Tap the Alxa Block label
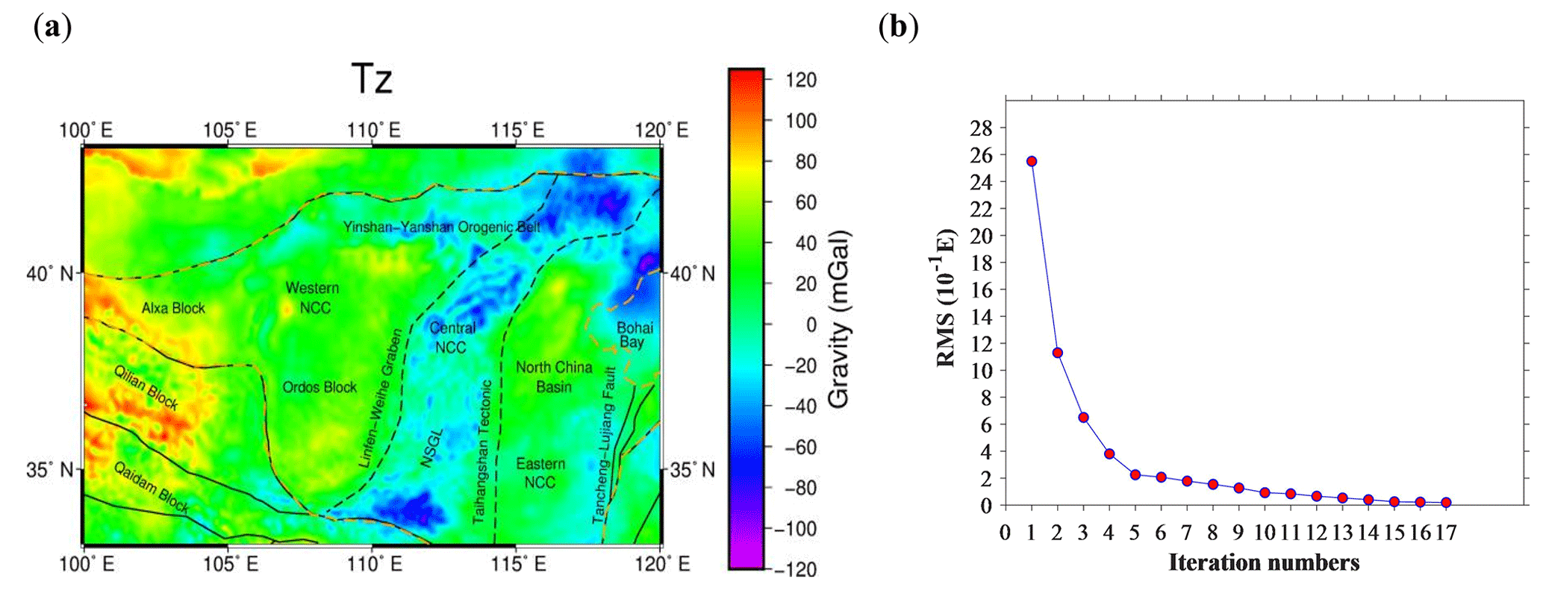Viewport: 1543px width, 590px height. (x=173, y=308)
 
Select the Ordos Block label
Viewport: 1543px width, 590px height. (x=319, y=387)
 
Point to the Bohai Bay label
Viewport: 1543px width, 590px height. (x=634, y=335)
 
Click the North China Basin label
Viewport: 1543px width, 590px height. (x=554, y=377)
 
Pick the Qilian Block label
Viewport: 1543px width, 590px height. (x=146, y=387)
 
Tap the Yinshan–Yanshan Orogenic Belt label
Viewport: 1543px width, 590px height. (x=441, y=227)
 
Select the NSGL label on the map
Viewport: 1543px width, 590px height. (x=431, y=448)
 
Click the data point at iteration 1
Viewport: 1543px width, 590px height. (x=1032, y=161)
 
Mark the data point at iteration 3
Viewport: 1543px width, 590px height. (x=1083, y=417)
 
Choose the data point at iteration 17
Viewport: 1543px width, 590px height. (x=1446, y=503)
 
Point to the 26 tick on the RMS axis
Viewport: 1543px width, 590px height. (x=981, y=155)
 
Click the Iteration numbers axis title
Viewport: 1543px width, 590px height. (x=1263, y=562)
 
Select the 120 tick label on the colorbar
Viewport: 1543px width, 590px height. (x=801, y=80)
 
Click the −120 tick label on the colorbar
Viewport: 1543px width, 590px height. (x=797, y=569)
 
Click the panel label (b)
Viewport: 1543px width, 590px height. (x=898, y=28)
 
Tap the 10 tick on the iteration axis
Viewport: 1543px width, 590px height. (x=1265, y=533)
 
